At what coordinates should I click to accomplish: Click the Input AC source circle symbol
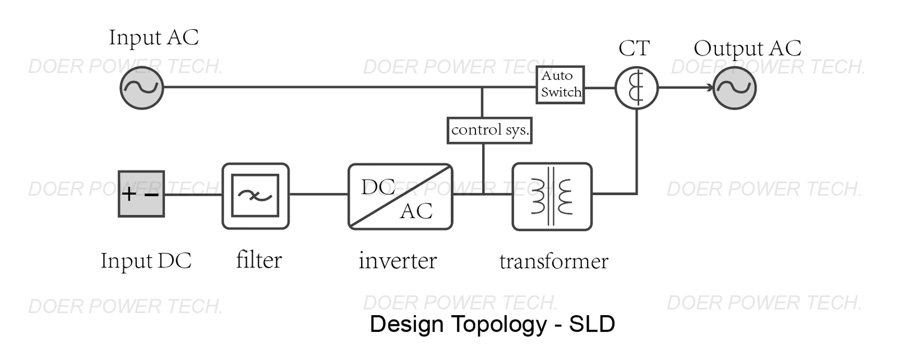[142, 87]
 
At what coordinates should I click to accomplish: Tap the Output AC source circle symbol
[734, 88]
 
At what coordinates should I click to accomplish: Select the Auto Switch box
[560, 85]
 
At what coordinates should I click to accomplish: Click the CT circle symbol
[636, 88]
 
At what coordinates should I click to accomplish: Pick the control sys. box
[489, 130]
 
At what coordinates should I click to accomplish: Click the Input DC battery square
[141, 194]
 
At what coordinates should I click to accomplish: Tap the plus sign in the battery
[129, 194]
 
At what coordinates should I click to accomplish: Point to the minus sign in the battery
[152, 195]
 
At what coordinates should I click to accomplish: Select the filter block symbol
[256, 196]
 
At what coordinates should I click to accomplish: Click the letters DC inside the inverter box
[378, 187]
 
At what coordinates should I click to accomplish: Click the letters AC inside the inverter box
[416, 211]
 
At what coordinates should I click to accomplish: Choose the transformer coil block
[552, 196]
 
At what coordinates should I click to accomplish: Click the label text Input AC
[154, 38]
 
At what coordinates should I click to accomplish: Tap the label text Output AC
[747, 48]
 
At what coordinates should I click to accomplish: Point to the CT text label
[634, 48]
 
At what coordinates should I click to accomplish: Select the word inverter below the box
[397, 261]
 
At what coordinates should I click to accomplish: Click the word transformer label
[553, 261]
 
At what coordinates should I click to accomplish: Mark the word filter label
[258, 260]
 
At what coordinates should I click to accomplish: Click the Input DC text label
[146, 261]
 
